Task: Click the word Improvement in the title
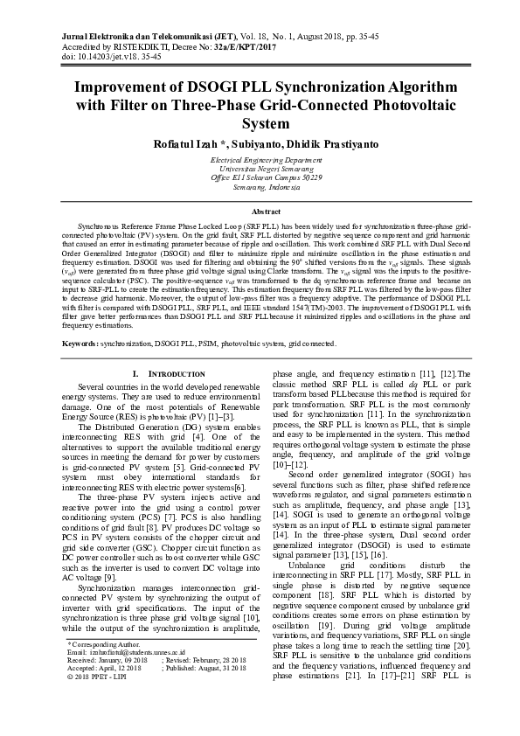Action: coord(125,89)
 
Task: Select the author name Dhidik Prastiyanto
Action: coord(319,142)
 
